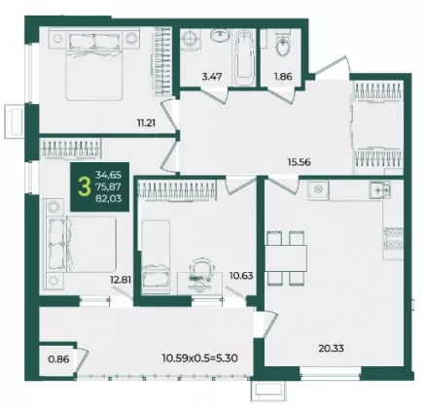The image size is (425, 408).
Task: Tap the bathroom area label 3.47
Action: pyautogui.click(x=212, y=77)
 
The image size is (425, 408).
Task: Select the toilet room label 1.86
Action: pyautogui.click(x=283, y=77)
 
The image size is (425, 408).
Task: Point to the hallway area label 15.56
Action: pyautogui.click(x=299, y=161)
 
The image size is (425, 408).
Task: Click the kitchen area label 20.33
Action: pyautogui.click(x=331, y=349)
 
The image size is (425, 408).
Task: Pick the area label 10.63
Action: pyautogui.click(x=241, y=276)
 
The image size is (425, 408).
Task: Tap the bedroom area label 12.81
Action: pyautogui.click(x=121, y=279)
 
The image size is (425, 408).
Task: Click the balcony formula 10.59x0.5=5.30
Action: pyautogui.click(x=200, y=358)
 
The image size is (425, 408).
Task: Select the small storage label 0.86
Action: pyautogui.click(x=58, y=359)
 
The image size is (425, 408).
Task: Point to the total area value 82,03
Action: pyautogui.click(x=108, y=198)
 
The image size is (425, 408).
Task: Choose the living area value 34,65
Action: pyautogui.click(x=108, y=175)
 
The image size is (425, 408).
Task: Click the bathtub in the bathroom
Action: pyautogui.click(x=244, y=58)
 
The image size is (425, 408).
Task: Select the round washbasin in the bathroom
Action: pyautogui.click(x=220, y=34)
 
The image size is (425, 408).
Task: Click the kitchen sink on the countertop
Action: pyautogui.click(x=379, y=189)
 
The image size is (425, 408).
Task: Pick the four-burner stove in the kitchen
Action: pyautogui.click(x=393, y=238)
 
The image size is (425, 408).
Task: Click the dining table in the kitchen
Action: pyautogui.click(x=286, y=258)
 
